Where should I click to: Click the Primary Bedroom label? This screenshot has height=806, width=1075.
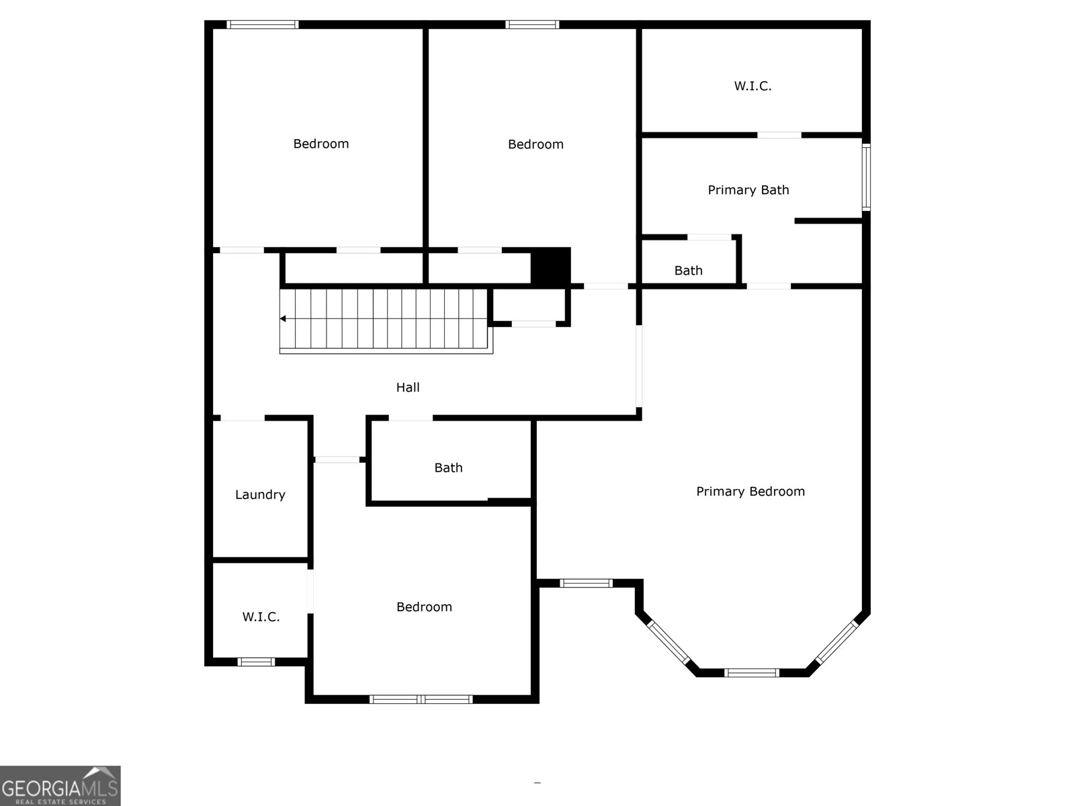tap(750, 492)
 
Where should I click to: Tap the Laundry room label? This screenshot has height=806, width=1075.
tap(260, 495)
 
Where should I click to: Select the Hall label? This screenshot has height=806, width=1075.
tap(408, 388)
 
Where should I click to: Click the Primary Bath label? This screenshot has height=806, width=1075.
tap(748, 190)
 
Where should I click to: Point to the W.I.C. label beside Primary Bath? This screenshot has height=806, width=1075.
tap(752, 86)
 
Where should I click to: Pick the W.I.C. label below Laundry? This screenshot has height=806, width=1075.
tap(261, 617)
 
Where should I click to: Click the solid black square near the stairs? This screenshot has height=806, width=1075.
tap(551, 266)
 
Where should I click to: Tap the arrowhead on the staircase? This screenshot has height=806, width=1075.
tap(284, 318)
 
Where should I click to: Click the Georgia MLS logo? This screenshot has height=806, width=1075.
tap(60, 786)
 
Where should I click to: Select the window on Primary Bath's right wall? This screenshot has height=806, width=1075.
tap(866, 177)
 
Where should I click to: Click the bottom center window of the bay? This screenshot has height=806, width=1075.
tap(751, 672)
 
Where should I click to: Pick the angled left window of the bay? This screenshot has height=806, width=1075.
tap(668, 641)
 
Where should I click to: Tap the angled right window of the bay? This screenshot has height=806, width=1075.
tap(836, 641)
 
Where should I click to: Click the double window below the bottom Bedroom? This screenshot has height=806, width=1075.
tap(421, 699)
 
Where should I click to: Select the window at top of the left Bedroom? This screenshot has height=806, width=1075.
tap(262, 25)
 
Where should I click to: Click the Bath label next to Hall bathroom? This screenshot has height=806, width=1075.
tap(448, 468)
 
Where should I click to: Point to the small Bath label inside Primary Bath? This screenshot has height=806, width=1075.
tap(688, 271)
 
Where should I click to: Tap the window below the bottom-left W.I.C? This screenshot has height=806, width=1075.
tap(256, 662)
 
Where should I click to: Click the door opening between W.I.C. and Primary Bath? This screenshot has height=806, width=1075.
tap(779, 135)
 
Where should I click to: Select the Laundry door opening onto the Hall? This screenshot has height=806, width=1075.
tap(242, 418)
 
